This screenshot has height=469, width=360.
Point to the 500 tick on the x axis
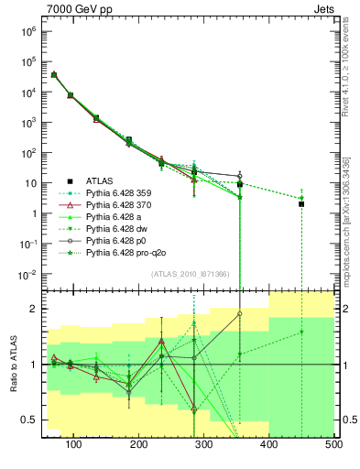point(334,445)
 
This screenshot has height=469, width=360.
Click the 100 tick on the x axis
point(74,445)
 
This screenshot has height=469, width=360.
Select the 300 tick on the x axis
point(204,445)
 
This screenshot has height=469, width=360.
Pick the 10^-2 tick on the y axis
point(28,274)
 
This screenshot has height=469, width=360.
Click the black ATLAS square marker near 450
point(301,204)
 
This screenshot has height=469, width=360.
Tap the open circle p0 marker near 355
point(240,176)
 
